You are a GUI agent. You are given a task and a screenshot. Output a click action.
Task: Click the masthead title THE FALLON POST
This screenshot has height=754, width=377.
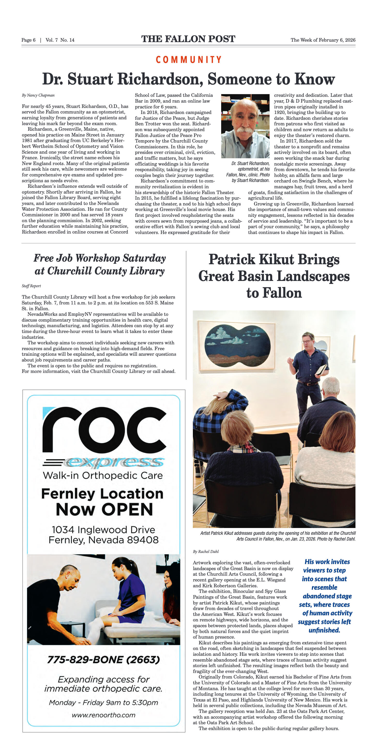[188, 39]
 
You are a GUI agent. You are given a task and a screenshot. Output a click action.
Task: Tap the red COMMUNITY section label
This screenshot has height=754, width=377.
[188, 60]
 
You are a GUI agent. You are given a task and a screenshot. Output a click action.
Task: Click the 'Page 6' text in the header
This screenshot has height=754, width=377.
[28, 40]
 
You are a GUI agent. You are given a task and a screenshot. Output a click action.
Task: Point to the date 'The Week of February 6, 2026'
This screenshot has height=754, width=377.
[323, 40]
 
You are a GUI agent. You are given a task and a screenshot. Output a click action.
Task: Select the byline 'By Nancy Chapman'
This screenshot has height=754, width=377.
[38, 95]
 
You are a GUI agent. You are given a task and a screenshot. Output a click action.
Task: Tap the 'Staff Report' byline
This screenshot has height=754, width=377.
[31, 286]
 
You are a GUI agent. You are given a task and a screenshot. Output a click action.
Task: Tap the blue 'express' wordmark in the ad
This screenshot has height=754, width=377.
[114, 462]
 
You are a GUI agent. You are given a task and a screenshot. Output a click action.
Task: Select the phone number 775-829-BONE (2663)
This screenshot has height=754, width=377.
[103, 659]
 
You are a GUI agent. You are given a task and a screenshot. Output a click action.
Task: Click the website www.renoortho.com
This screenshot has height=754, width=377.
[103, 715]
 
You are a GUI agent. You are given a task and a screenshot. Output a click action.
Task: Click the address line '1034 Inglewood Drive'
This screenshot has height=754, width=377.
[103, 529]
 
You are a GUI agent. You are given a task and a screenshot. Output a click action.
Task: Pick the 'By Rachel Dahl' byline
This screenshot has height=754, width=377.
[206, 551]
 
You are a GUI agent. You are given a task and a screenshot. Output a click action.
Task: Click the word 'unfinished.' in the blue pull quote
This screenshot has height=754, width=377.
[324, 630]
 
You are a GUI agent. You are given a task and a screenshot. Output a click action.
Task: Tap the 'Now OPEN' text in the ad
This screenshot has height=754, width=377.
[104, 510]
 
